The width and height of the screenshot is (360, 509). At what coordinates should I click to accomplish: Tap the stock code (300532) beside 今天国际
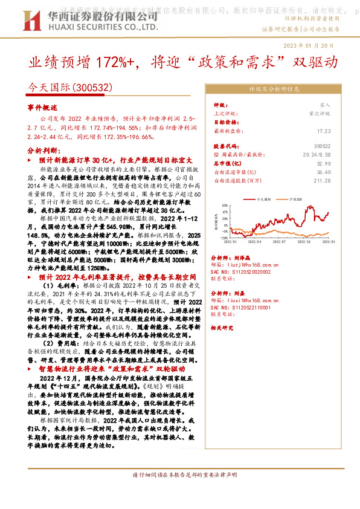click(x=92, y=88)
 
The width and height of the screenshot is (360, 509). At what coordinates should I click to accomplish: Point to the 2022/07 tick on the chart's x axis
click(x=282, y=240)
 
